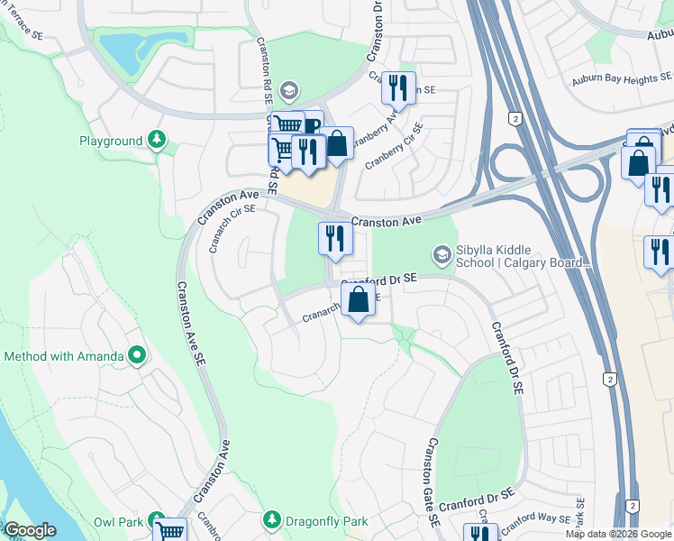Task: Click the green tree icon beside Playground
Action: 158,140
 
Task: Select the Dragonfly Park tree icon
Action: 271,520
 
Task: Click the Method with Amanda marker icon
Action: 137,355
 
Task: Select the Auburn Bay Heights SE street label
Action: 628,80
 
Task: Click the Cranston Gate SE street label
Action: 433,482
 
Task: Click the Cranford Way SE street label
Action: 536,519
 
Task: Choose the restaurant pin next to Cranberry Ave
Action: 397,87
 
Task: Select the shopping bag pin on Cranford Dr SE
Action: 358,300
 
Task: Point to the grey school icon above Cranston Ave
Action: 288,89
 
